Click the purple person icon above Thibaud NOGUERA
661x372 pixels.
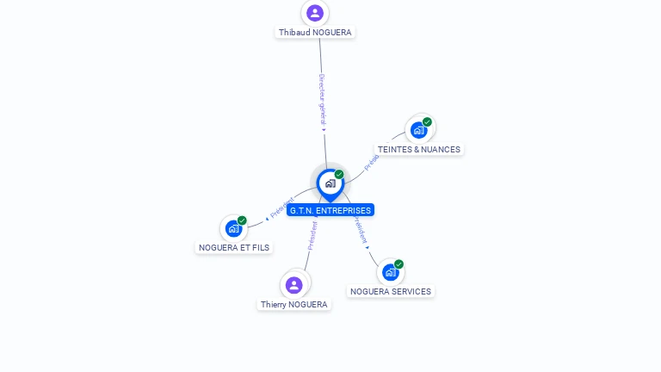(315, 13)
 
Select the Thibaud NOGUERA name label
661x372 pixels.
(315, 33)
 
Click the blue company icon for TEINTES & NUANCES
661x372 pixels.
(419, 130)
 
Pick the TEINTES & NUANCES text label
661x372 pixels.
(419, 150)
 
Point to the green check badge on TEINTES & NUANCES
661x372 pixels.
(427, 122)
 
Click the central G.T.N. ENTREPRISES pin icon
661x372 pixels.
(330, 183)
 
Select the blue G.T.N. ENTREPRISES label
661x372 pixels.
(330, 210)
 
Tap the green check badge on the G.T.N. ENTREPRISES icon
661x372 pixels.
(339, 175)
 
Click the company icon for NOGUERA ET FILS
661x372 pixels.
(233, 228)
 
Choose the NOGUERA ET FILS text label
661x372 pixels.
(234, 248)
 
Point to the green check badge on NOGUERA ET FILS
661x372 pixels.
(242, 220)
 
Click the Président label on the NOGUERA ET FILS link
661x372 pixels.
(281, 208)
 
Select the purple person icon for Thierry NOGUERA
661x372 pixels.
(294, 285)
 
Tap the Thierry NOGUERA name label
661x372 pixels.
(294, 305)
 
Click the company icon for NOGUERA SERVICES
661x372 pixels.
(391, 272)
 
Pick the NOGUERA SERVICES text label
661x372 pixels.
(391, 292)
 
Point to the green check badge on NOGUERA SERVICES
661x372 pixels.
(398, 264)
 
